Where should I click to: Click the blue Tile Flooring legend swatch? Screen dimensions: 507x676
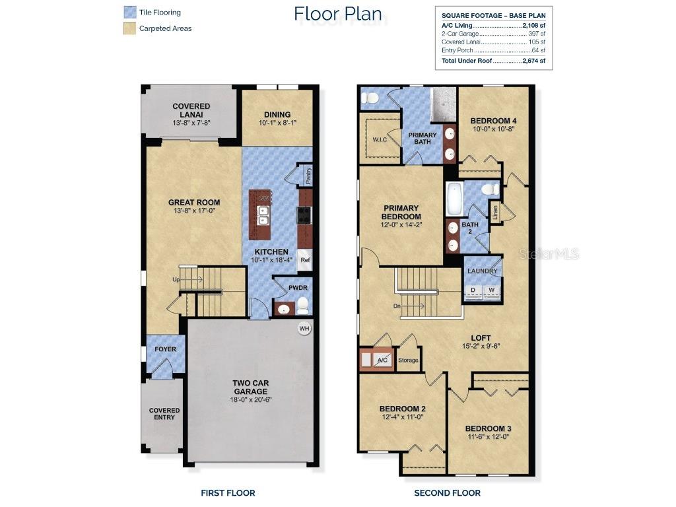tap(129, 12)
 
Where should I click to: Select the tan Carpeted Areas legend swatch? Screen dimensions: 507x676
tap(129, 28)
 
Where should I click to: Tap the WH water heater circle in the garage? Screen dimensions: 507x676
tap(304, 328)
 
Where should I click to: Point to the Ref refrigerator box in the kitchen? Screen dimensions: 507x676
tap(305, 260)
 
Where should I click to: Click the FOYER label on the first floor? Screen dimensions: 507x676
tap(165, 349)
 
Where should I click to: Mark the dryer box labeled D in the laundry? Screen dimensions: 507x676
tap(473, 290)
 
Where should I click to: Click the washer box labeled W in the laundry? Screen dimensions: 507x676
tap(491, 290)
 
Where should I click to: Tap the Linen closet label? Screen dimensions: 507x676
tap(494, 212)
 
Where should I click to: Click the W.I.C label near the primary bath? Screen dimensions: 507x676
tap(380, 139)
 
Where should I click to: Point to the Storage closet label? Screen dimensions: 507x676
tap(408, 360)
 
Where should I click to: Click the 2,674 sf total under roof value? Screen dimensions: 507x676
tap(533, 61)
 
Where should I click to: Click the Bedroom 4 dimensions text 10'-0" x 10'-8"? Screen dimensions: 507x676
tap(493, 129)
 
